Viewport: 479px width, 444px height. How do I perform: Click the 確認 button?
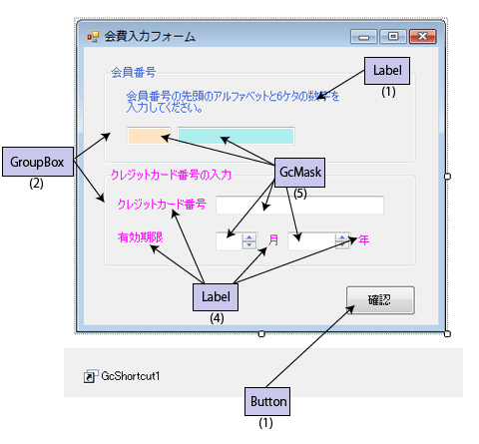tap(380, 300)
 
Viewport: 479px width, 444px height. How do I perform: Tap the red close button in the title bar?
tap(422, 36)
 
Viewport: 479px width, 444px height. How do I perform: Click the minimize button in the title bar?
tap(363, 37)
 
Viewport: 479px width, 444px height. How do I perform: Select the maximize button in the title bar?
tap(393, 36)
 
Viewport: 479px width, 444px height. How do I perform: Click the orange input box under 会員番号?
tap(149, 136)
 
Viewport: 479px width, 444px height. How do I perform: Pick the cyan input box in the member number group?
tap(236, 136)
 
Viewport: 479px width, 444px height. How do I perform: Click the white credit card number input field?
tap(299, 206)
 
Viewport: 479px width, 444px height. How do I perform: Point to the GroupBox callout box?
tap(38, 162)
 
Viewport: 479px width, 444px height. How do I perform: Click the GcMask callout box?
tap(299, 173)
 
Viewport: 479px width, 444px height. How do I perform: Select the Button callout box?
tap(267, 401)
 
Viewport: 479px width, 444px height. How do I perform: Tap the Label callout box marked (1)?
tap(387, 71)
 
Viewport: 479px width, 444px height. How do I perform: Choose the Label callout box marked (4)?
tap(216, 297)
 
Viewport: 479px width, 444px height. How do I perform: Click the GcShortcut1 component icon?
tap(91, 376)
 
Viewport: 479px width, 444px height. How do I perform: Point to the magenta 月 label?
tap(273, 239)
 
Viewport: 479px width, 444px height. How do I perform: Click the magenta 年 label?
tap(363, 239)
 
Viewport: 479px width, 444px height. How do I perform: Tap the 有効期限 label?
tap(140, 237)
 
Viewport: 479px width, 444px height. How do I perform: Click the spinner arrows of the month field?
tap(249, 241)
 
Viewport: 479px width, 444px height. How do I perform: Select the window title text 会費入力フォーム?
tap(150, 36)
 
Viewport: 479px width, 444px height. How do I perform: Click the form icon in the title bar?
tap(93, 37)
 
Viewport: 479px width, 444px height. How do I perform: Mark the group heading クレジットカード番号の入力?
tap(171, 175)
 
